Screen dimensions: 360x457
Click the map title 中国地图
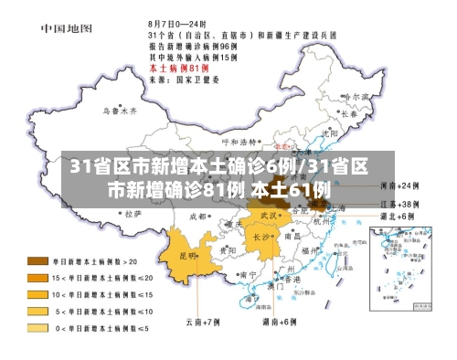[66, 27]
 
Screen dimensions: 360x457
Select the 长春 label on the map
[348, 115]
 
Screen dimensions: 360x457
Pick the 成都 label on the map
[197, 217]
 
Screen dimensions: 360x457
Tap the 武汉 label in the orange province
[268, 215]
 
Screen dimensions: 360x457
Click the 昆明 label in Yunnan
[188, 255]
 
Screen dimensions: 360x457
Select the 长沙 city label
[261, 237]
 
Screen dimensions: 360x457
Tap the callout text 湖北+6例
[397, 217]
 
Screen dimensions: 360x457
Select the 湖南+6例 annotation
[279, 322]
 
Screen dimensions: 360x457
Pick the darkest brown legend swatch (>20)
[38, 260]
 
